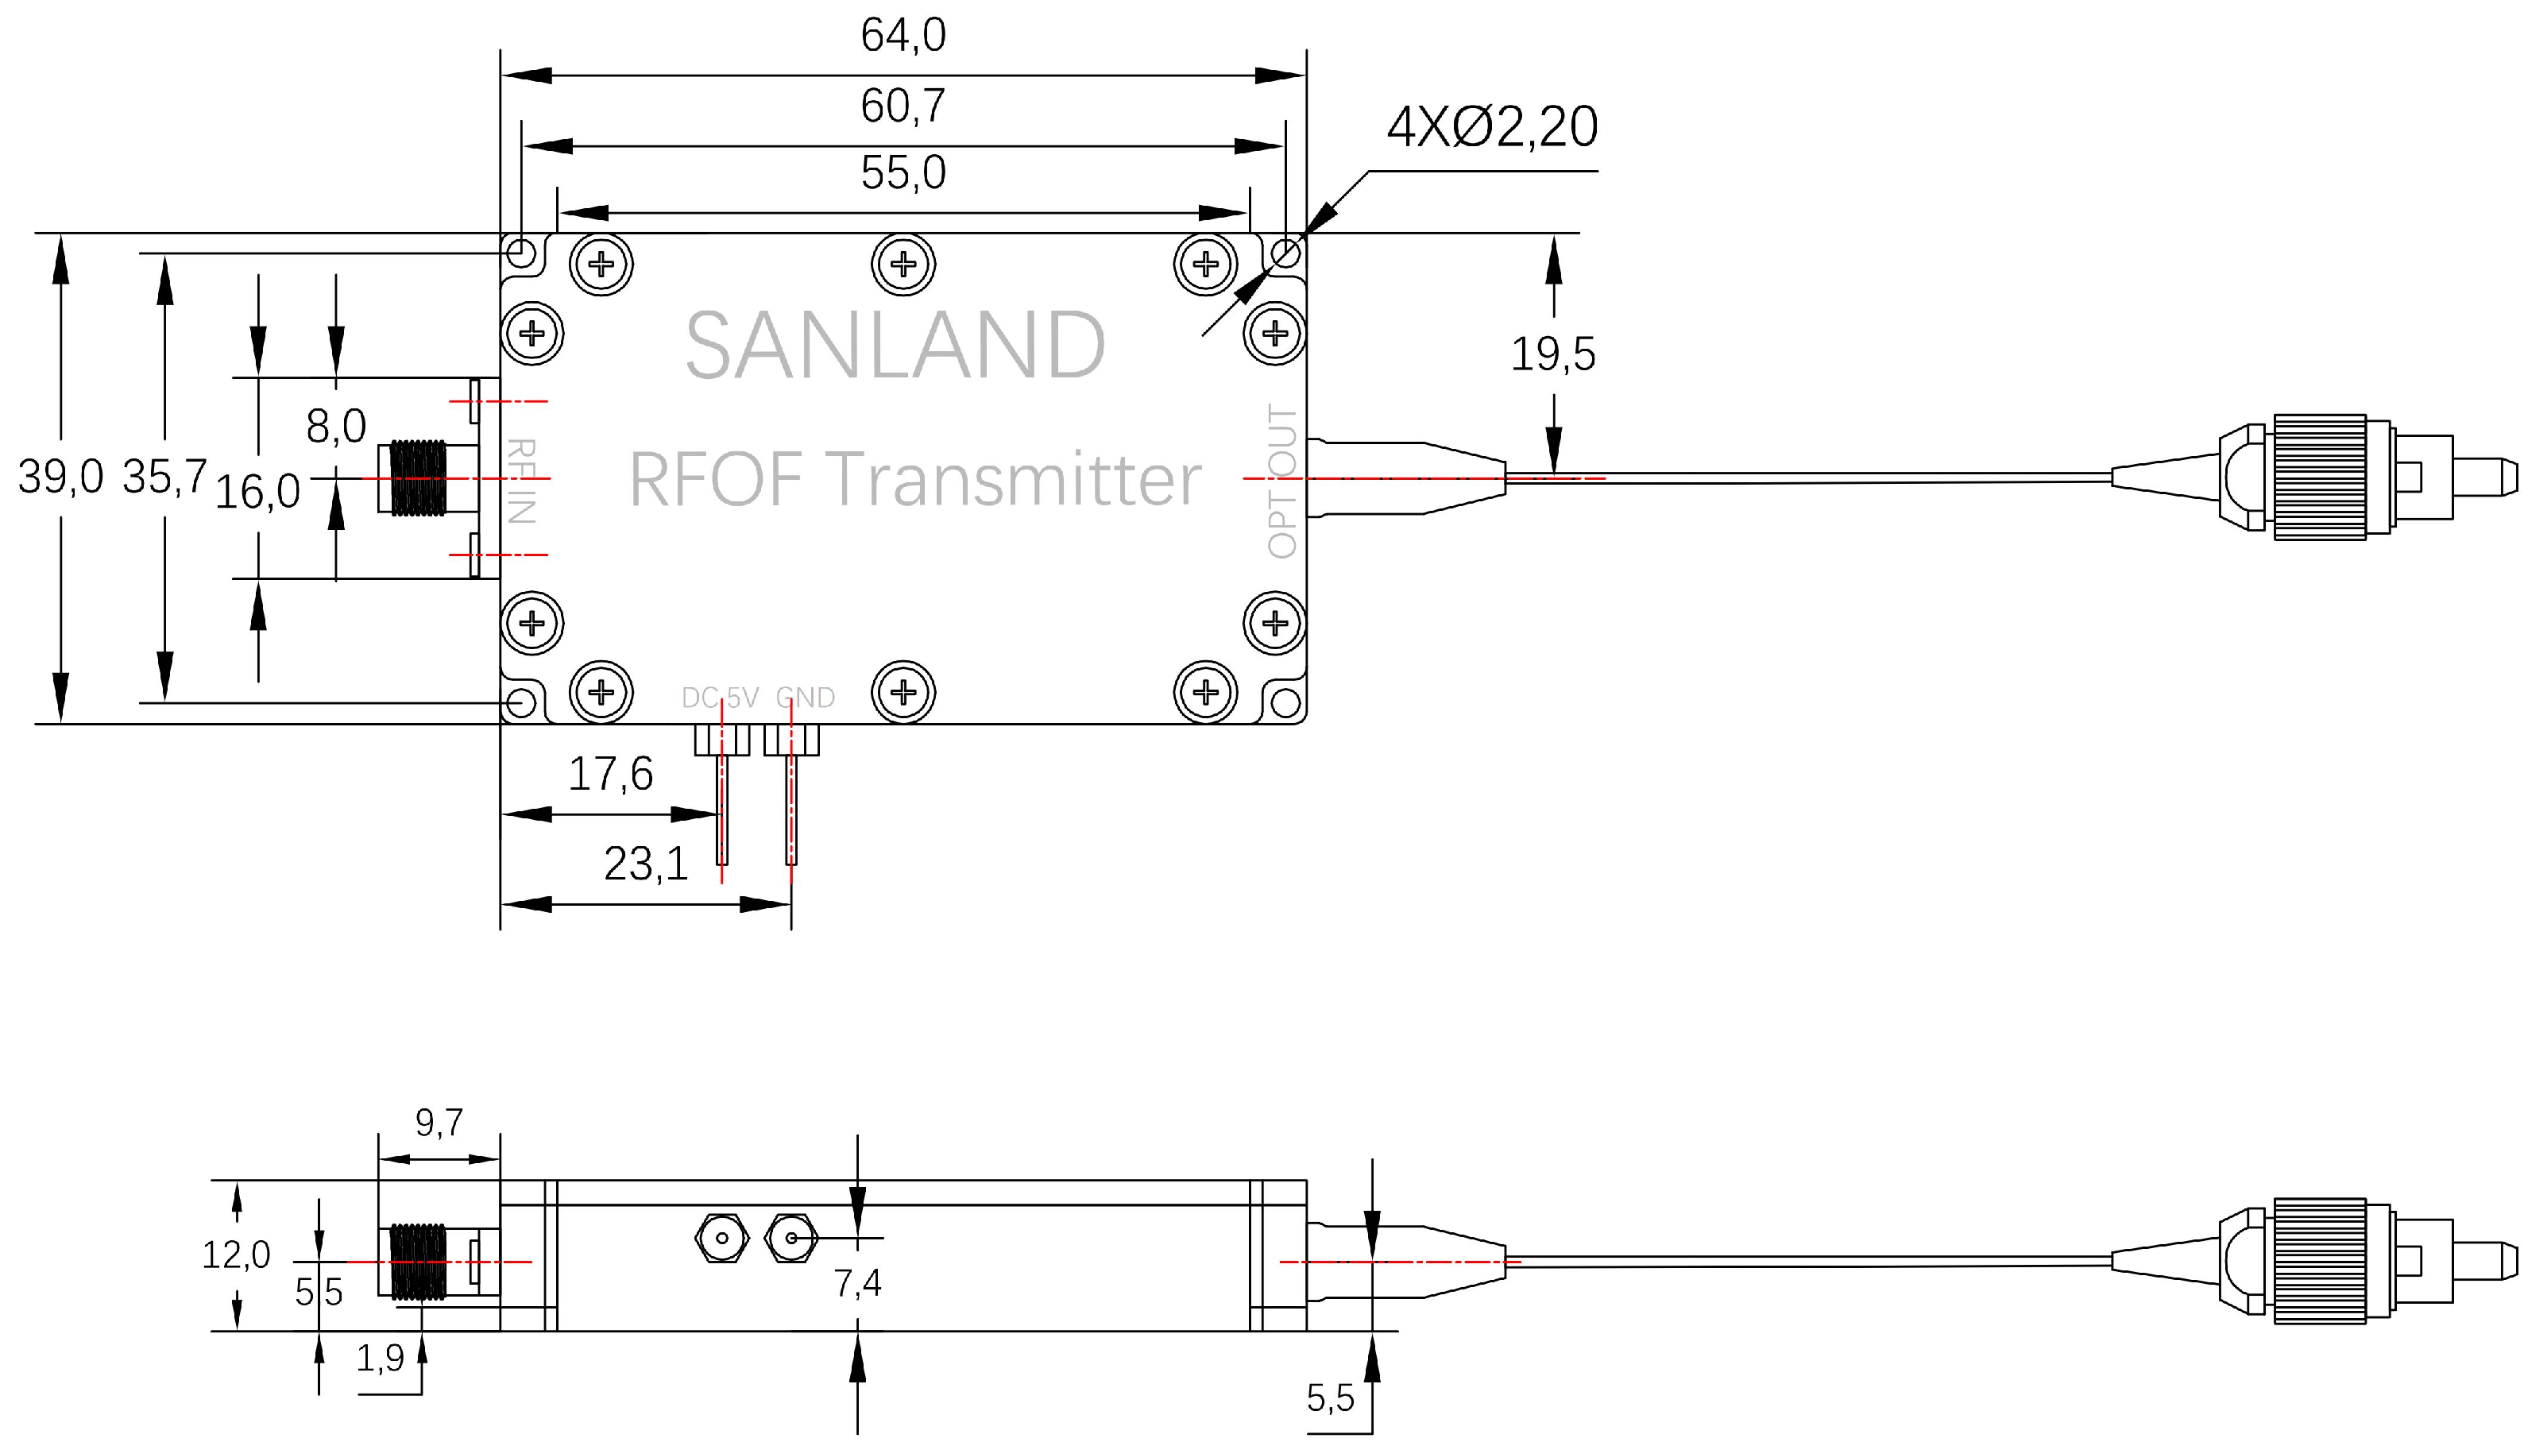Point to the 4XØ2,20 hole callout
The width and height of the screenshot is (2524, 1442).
click(x=1491, y=128)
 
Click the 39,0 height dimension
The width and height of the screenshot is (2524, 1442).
click(x=60, y=477)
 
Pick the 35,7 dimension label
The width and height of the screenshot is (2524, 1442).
click(x=164, y=477)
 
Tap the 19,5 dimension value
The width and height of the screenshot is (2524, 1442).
click(x=1552, y=354)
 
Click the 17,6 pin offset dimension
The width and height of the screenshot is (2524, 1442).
click(x=610, y=775)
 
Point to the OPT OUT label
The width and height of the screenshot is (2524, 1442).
click(x=1281, y=481)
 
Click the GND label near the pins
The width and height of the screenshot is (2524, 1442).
click(x=805, y=698)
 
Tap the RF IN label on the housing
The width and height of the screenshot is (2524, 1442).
click(x=521, y=481)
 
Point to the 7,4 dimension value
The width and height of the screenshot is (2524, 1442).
click(x=857, y=1285)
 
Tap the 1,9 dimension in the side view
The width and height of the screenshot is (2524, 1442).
click(x=381, y=1359)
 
